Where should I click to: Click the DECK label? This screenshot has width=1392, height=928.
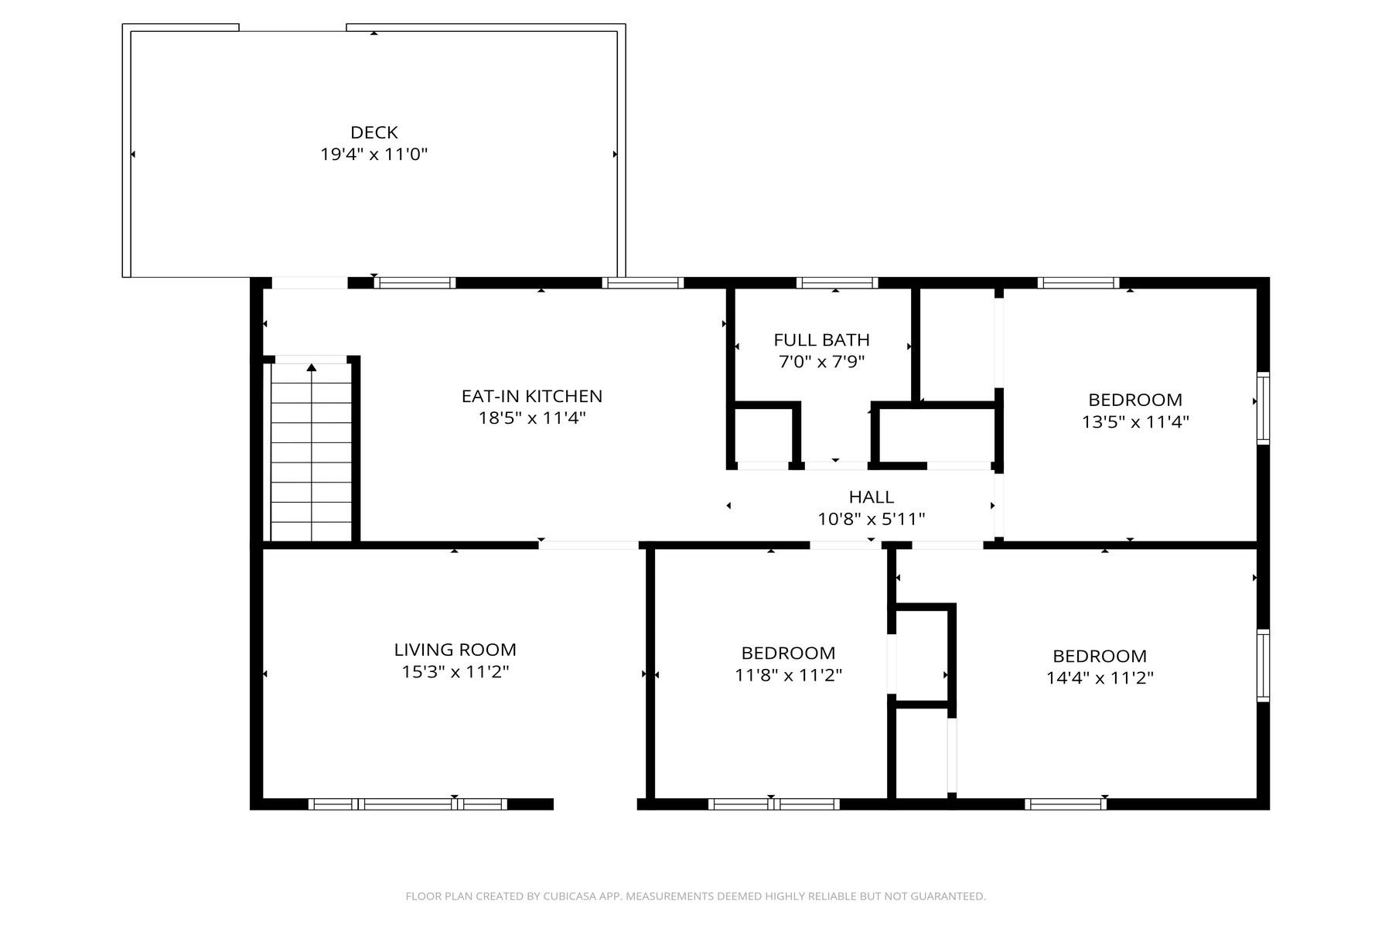[374, 132]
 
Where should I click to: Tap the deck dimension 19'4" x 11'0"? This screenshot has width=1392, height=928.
[374, 154]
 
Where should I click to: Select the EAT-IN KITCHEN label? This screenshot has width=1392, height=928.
[532, 396]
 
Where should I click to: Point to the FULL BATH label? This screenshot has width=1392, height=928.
[821, 339]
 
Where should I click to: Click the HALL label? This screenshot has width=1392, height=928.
[872, 496]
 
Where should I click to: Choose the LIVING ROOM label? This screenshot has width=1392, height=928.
[455, 650]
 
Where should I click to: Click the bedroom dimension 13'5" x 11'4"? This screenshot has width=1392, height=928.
[1135, 421]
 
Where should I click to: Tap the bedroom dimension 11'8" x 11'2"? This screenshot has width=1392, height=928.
[788, 675]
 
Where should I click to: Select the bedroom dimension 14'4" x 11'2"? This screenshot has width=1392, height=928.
[1100, 678]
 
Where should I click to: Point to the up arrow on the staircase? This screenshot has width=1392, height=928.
[312, 368]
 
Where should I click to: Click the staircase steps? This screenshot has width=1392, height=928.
[311, 452]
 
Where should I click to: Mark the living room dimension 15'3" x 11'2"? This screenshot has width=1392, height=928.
[455, 672]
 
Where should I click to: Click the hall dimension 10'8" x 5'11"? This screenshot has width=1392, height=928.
[872, 518]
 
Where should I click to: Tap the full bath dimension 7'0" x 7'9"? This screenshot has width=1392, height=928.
[821, 361]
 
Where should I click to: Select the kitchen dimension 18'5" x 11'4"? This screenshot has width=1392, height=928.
[532, 418]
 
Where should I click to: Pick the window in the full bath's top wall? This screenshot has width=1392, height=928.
[837, 283]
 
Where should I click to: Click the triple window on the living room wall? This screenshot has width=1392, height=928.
[408, 804]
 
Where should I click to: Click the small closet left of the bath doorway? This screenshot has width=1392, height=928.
[763, 435]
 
